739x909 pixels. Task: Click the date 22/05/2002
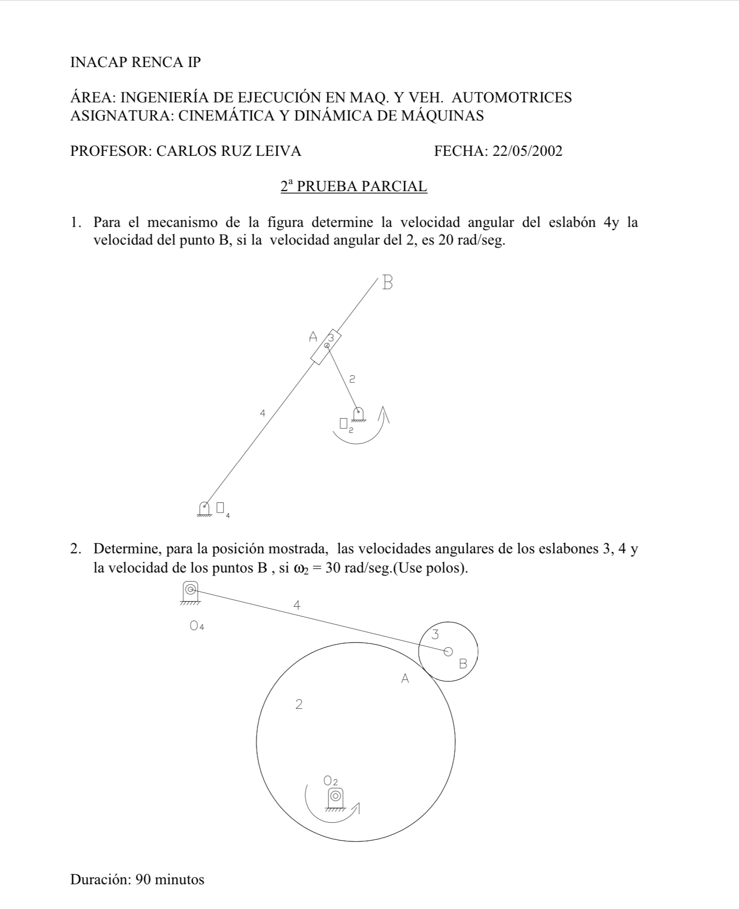point(527,151)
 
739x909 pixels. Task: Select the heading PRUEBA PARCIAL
point(362,186)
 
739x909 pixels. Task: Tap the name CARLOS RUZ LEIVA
point(229,151)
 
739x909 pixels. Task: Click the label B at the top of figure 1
point(387,282)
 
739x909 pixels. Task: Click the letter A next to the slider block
point(313,336)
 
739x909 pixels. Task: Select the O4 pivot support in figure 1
point(204,508)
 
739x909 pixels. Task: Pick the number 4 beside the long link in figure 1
point(262,413)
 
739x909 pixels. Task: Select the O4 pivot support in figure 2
point(190,591)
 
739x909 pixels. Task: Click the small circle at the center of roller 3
point(448,652)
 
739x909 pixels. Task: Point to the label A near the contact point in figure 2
point(405,679)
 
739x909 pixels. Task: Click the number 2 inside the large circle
point(299,704)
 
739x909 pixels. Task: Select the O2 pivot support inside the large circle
point(335,798)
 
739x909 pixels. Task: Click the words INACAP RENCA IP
point(136,63)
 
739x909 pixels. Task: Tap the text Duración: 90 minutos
point(137,880)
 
